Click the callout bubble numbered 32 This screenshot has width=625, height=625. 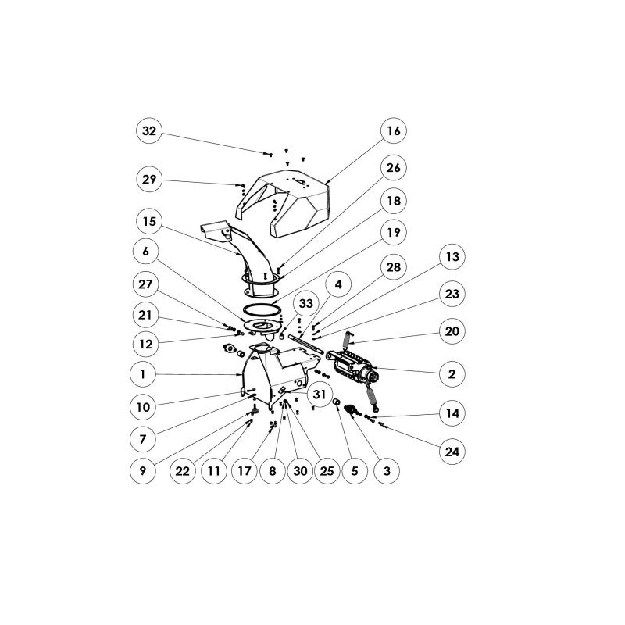149,131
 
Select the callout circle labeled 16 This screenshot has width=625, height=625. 394,131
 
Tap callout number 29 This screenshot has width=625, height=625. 149,180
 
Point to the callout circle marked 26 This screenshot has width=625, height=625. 394,168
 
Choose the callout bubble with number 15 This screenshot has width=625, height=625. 149,222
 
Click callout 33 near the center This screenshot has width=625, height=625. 305,303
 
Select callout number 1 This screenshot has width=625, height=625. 143,375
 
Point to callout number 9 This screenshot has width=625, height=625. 143,471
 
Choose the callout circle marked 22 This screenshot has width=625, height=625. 183,471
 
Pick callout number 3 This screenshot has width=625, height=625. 384,471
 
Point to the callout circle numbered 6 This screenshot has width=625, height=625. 149,252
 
